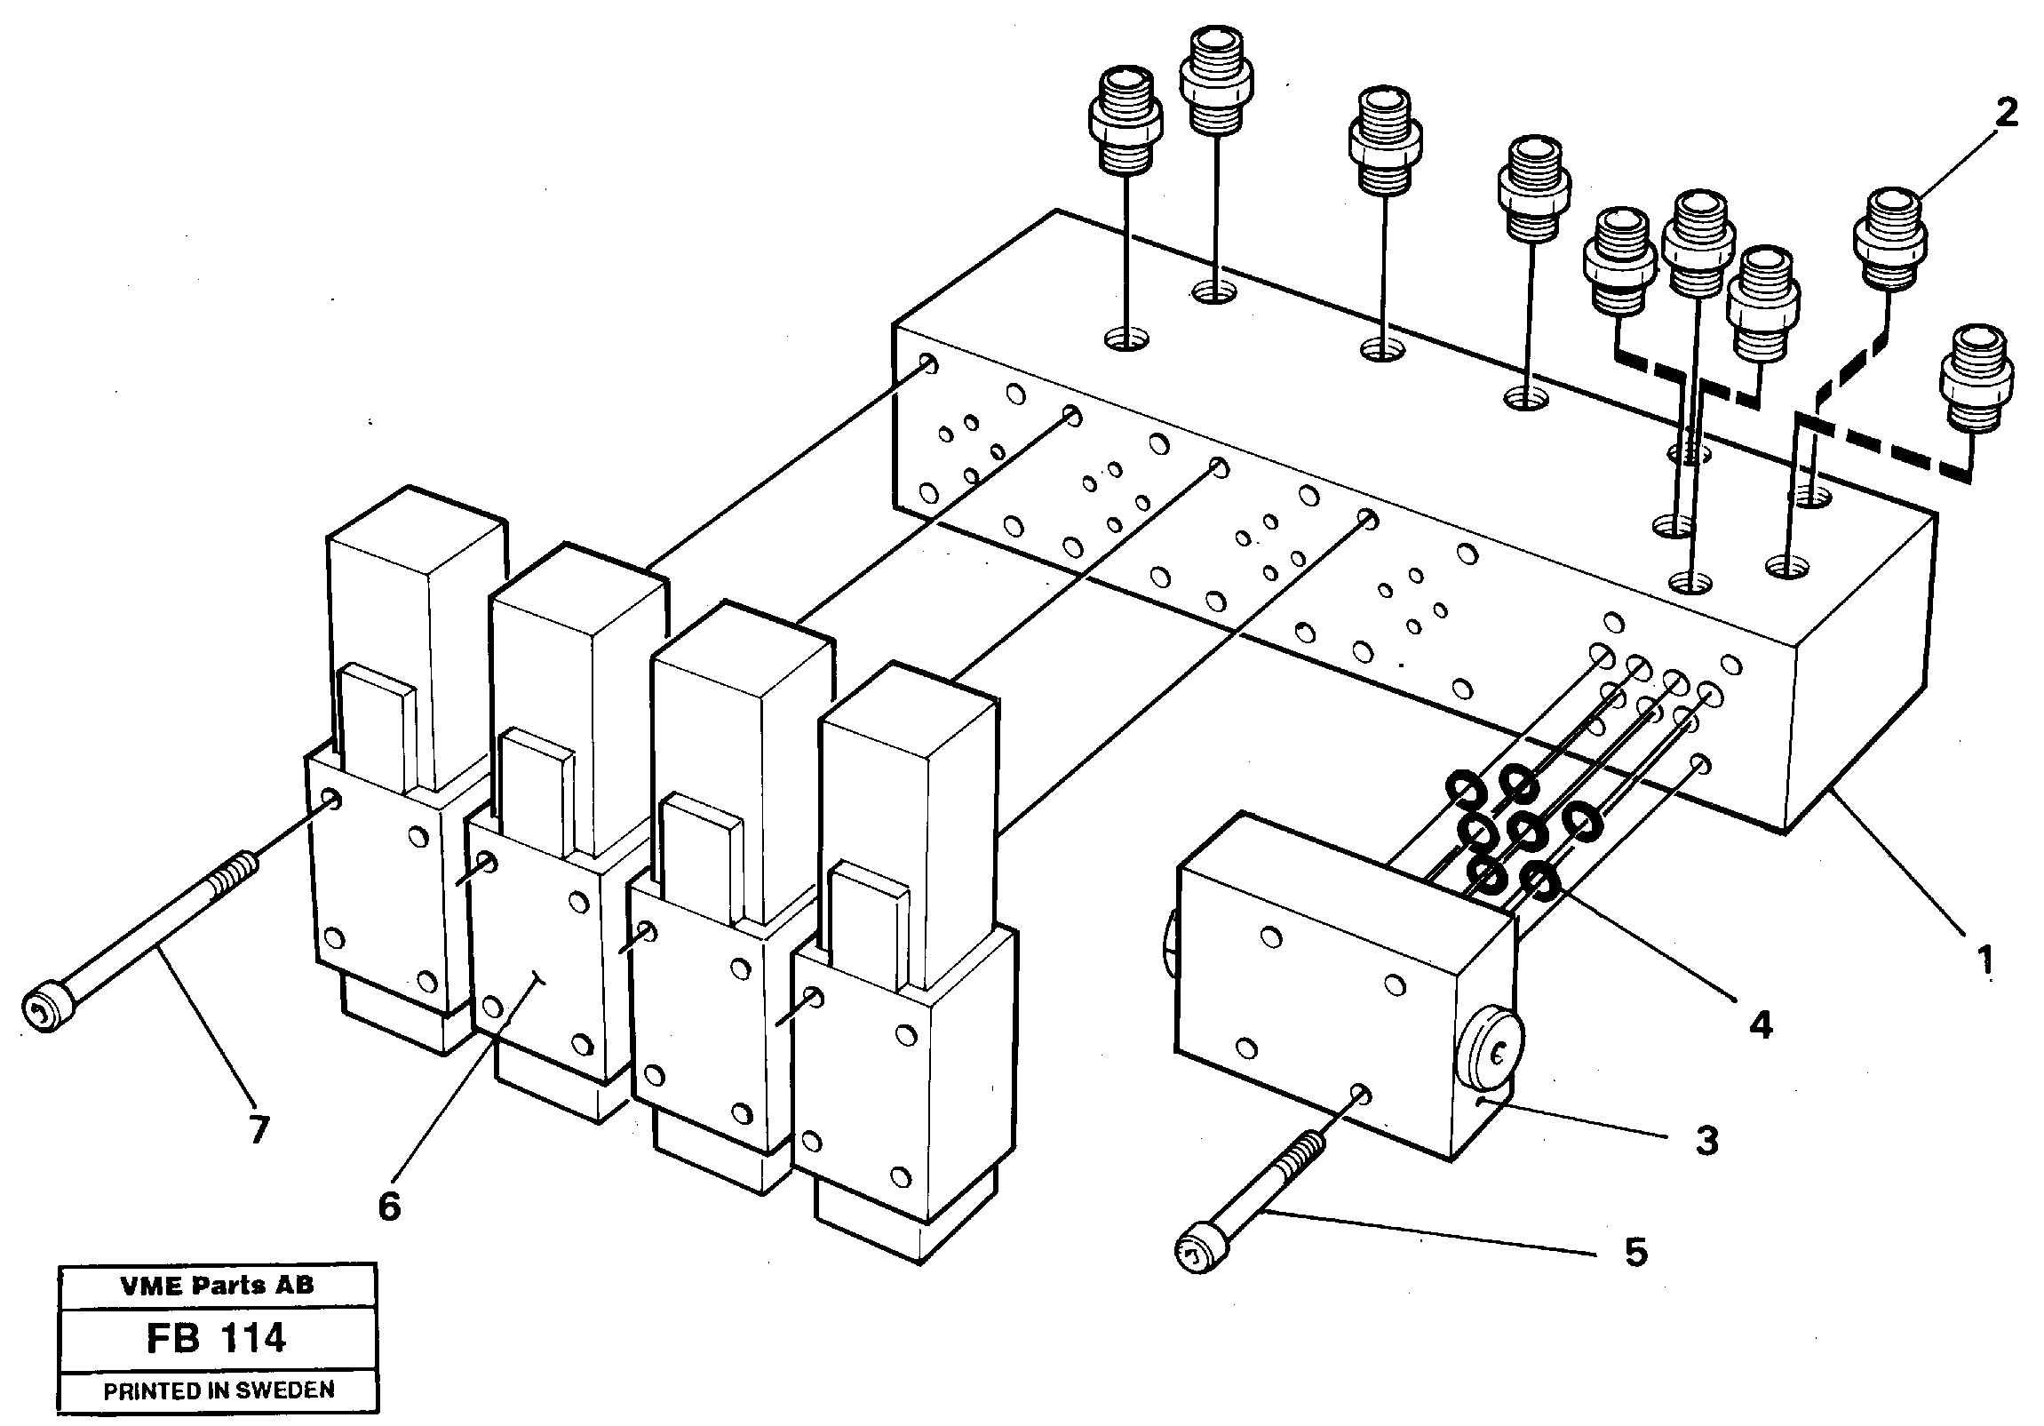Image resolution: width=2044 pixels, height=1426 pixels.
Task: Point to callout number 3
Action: click(1706, 1140)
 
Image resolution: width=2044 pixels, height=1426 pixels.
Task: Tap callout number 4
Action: click(1760, 1025)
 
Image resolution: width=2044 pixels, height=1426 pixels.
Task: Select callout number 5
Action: click(1636, 1253)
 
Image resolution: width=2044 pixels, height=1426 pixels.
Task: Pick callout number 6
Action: click(389, 1207)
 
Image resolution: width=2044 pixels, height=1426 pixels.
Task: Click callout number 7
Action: click(258, 1130)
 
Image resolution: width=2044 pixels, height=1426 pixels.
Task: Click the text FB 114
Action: click(217, 1338)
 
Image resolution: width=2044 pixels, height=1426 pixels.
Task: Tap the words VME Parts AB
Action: click(217, 1285)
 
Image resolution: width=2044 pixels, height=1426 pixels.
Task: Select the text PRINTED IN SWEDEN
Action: click(219, 1390)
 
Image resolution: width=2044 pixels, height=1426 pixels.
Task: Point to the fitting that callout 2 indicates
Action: click(1889, 238)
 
